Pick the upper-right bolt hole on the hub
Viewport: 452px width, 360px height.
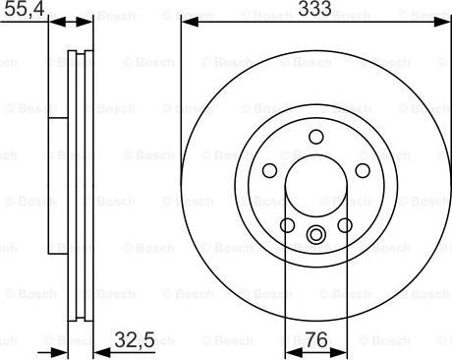[x=359, y=170]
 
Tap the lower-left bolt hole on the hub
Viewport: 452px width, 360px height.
[x=287, y=225]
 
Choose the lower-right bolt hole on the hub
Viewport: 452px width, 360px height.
[x=345, y=225]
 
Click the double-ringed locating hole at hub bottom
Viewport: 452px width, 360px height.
[x=315, y=234]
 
